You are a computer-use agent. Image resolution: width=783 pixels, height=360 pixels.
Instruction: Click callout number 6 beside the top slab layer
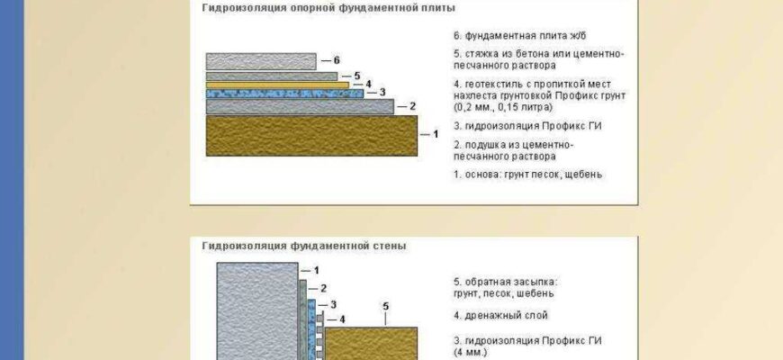pyautogui.click(x=337, y=60)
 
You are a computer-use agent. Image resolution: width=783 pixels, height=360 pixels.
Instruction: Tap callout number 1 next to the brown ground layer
pyautogui.click(x=436, y=134)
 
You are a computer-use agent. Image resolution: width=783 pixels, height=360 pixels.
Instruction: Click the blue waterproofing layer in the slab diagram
pyautogui.click(x=283, y=93)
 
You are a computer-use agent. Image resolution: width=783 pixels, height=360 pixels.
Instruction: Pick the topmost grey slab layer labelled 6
pyautogui.click(x=260, y=61)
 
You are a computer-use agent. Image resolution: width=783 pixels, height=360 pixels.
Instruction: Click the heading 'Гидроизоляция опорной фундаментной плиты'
pyautogui.click(x=328, y=8)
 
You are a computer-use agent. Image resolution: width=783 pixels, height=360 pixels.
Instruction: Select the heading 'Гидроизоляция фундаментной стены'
pyautogui.click(x=304, y=245)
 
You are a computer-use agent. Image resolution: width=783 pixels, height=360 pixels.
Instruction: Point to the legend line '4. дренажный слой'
pyautogui.click(x=500, y=316)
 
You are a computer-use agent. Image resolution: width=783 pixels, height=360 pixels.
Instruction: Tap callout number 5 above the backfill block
pyautogui.click(x=385, y=307)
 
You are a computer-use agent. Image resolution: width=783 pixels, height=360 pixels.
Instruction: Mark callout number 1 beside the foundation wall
pyautogui.click(x=315, y=270)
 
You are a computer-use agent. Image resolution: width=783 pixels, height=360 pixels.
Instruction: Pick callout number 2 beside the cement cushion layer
pyautogui.click(x=412, y=106)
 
